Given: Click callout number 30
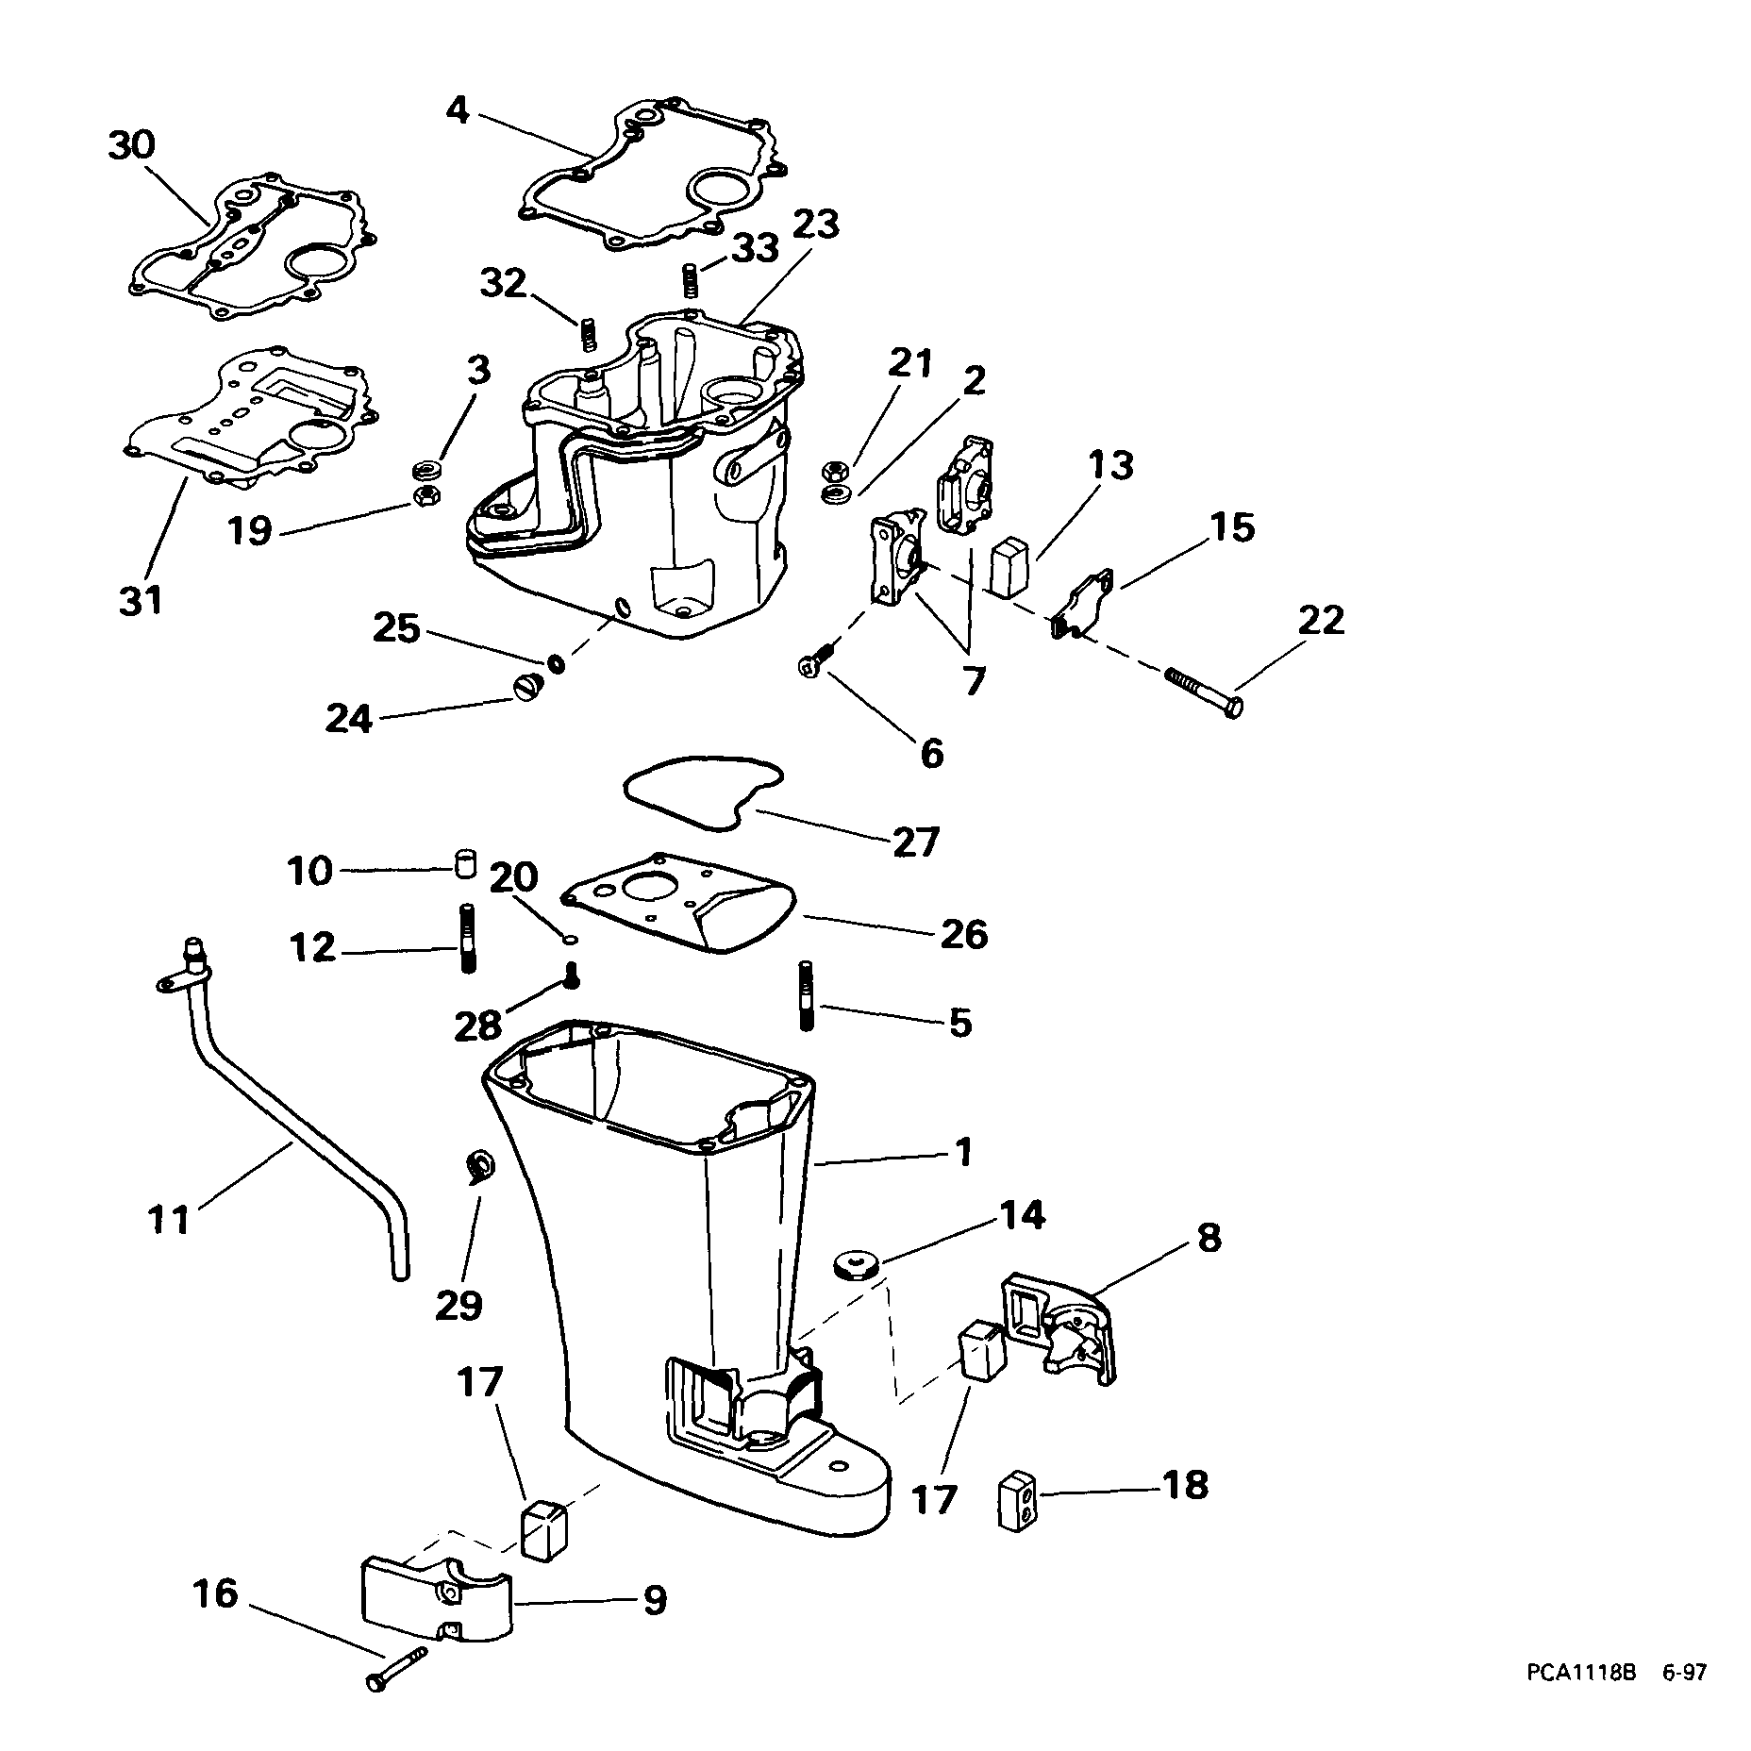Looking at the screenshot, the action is [131, 146].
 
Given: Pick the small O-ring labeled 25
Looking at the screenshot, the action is [557, 663].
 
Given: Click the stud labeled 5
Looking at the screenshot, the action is [807, 995].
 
